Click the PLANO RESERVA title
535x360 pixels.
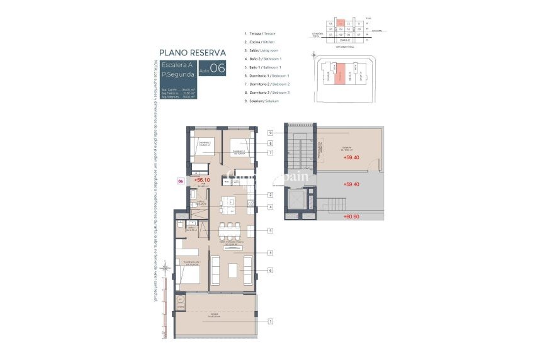click(192, 53)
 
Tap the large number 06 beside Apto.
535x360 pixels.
click(218, 69)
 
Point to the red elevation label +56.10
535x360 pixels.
click(201, 179)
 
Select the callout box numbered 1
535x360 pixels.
click(269, 322)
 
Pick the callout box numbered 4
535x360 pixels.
click(269, 206)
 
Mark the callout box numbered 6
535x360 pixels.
click(269, 271)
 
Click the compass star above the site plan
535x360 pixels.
click(313, 55)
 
